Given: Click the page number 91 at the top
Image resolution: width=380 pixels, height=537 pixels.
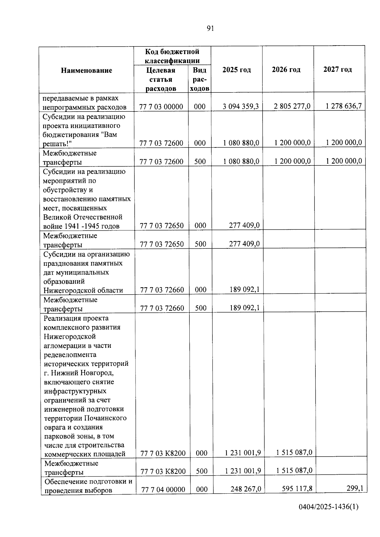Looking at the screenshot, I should click(210, 29).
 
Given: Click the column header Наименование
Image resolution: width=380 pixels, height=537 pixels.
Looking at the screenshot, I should click(86, 70).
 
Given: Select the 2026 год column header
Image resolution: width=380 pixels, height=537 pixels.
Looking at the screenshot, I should click(286, 70).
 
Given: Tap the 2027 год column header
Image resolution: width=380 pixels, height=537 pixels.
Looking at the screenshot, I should click(338, 69).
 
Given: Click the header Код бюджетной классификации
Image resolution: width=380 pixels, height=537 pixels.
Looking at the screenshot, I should click(172, 56).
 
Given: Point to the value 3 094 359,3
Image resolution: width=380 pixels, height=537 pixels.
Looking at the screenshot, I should click(240, 106).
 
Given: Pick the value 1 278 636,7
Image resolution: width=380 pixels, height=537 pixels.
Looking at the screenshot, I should click(344, 106).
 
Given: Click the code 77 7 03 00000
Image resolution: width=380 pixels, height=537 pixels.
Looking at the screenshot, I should click(161, 107).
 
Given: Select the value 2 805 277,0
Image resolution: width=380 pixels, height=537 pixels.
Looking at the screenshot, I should click(292, 106).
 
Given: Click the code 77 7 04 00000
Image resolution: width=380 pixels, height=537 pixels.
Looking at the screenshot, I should click(163, 490).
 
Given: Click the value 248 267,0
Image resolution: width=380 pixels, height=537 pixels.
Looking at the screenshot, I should click(246, 489).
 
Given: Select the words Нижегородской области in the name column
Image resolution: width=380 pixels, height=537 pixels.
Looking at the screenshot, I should click(83, 290).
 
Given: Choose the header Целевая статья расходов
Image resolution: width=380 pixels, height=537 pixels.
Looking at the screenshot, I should click(161, 79).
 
